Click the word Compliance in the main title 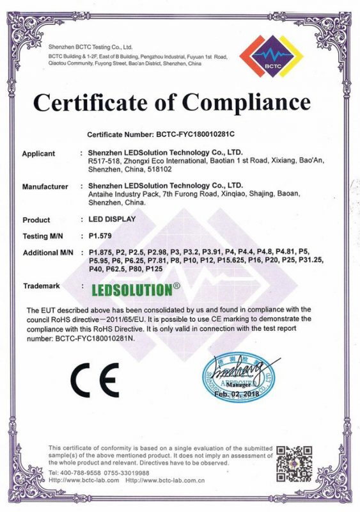click(246, 102)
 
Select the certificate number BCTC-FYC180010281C click(205, 135)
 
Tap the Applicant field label click(38, 154)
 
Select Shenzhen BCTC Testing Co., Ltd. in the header click(90, 47)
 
